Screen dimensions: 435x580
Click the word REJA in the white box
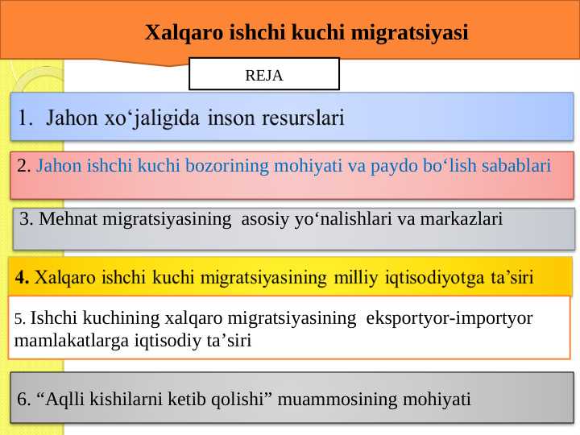click(x=263, y=76)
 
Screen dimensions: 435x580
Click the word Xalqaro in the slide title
click(x=176, y=33)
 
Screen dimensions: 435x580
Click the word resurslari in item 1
click(x=304, y=119)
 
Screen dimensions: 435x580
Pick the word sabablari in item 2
click(x=520, y=167)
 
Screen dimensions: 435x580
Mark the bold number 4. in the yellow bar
click(x=23, y=279)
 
